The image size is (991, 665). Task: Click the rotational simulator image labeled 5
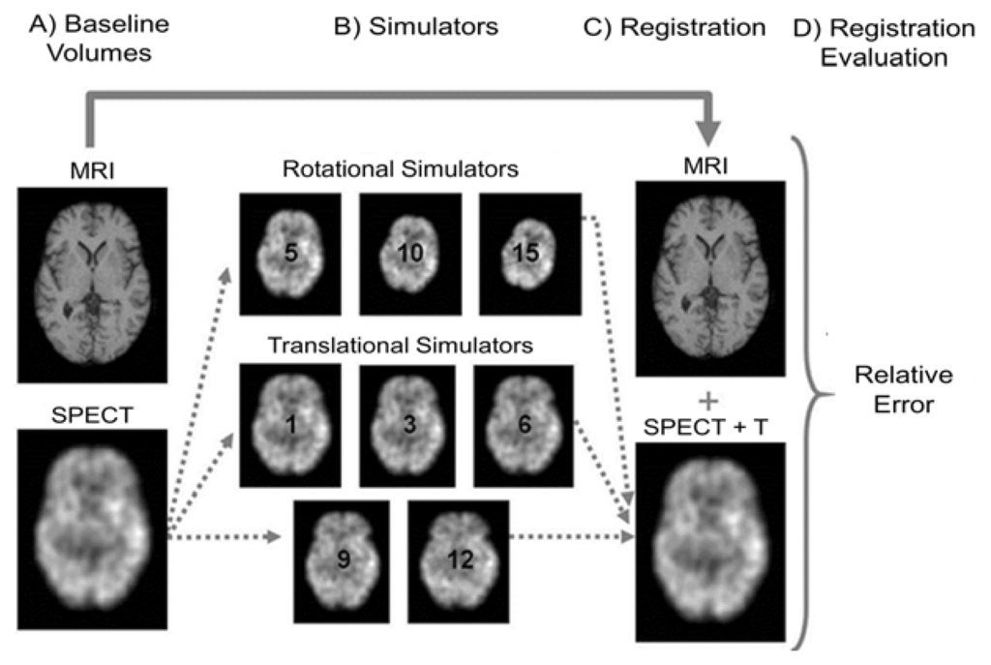click(290, 254)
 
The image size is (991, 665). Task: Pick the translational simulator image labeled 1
click(290, 424)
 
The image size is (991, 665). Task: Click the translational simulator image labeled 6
click(524, 424)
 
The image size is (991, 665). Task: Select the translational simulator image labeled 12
click(459, 558)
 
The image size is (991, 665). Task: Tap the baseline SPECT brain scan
click(93, 530)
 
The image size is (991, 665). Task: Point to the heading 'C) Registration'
click(675, 27)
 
